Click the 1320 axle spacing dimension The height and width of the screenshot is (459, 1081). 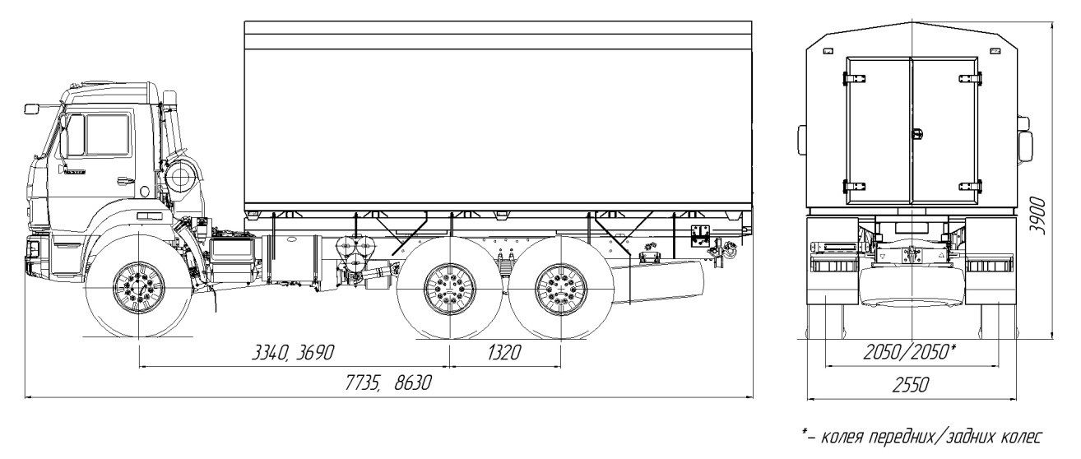[505, 354]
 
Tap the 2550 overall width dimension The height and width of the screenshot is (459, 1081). [912, 384]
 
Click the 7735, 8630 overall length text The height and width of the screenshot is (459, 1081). [385, 384]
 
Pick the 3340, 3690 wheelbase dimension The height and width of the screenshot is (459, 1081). [292, 354]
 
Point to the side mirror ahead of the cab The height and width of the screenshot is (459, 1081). [33, 108]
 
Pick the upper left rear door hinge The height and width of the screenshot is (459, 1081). [852, 77]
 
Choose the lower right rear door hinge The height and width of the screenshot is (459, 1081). [972, 184]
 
